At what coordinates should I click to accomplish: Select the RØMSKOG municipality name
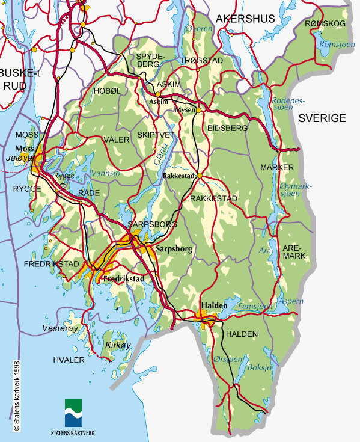(x=325, y=23)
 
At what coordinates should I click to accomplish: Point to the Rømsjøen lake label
(x=331, y=45)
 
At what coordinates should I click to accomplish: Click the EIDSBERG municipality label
(x=227, y=128)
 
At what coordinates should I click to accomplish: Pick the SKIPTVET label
(x=154, y=135)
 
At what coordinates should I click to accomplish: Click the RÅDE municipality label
(x=89, y=193)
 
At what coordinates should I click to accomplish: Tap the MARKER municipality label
(x=277, y=167)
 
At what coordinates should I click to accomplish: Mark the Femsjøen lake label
(x=251, y=306)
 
